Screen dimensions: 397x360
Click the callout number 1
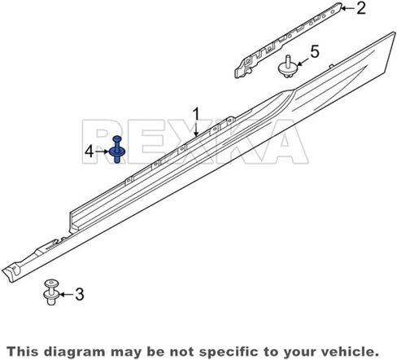pyautogui.click(x=196, y=116)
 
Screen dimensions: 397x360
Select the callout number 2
pyautogui.click(x=360, y=8)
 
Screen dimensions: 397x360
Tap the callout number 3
pyautogui.click(x=80, y=294)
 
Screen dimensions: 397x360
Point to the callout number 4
pyautogui.click(x=89, y=151)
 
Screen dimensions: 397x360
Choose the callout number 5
pyautogui.click(x=315, y=52)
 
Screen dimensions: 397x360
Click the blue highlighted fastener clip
pyautogui.click(x=117, y=149)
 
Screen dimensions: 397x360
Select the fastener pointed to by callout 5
pyautogui.click(x=287, y=67)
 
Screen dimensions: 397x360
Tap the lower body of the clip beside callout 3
pyautogui.click(x=51, y=297)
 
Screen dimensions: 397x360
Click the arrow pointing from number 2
pyautogui.click(x=347, y=8)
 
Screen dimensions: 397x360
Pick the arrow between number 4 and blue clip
pyautogui.click(x=102, y=151)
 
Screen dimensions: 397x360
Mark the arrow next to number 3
pyautogui.click(x=66, y=295)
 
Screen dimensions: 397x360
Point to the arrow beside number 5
pyautogui.click(x=303, y=61)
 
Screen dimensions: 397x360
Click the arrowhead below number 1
pyautogui.click(x=196, y=133)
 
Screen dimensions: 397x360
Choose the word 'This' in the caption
pyautogui.click(x=24, y=351)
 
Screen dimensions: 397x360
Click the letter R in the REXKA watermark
pyautogui.click(x=103, y=142)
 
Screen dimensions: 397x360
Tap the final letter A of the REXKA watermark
pyautogui.click(x=285, y=142)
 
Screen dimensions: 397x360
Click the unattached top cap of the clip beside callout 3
pyautogui.click(x=51, y=284)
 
